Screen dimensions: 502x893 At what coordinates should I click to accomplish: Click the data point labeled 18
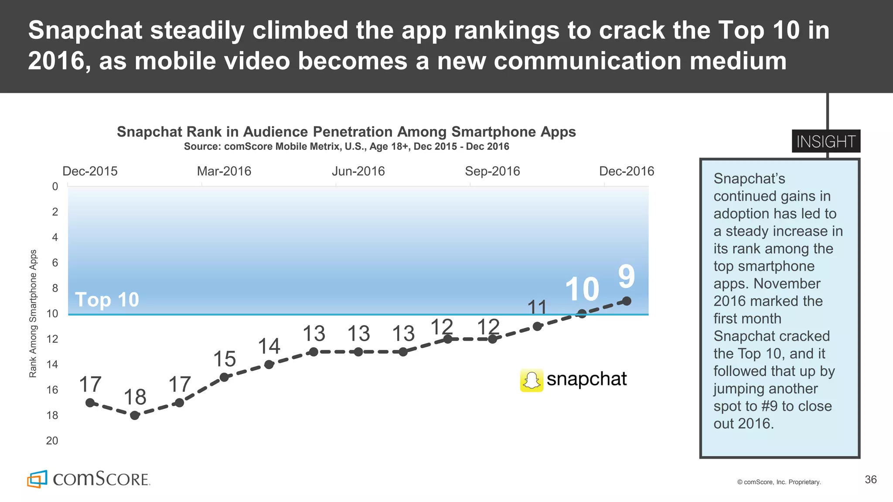(135, 415)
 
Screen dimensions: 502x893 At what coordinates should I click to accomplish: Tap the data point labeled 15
(224, 377)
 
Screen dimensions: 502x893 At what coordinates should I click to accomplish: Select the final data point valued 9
(627, 301)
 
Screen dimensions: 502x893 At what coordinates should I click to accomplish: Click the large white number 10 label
(582, 289)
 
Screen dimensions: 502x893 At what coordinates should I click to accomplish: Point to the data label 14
(269, 346)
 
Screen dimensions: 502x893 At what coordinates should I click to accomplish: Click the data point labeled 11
(537, 326)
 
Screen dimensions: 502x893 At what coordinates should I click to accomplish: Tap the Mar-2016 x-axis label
(224, 171)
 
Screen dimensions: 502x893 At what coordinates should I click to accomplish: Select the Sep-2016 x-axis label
(492, 171)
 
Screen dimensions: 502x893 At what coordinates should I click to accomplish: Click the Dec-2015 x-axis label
(90, 171)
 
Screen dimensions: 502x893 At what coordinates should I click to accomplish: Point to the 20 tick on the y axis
(52, 441)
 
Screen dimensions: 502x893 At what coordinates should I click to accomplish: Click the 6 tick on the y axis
(55, 263)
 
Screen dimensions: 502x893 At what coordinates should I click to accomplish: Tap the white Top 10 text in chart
(107, 300)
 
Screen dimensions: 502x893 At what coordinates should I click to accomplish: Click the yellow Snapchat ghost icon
(532, 380)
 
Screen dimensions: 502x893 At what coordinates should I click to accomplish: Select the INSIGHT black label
(826, 142)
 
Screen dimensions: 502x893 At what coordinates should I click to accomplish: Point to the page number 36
(870, 480)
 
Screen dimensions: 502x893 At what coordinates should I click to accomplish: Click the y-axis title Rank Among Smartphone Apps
(33, 313)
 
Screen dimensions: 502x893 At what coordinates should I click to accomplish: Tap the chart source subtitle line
(346, 146)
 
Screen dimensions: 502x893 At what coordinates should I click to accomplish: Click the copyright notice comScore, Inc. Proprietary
(779, 482)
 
